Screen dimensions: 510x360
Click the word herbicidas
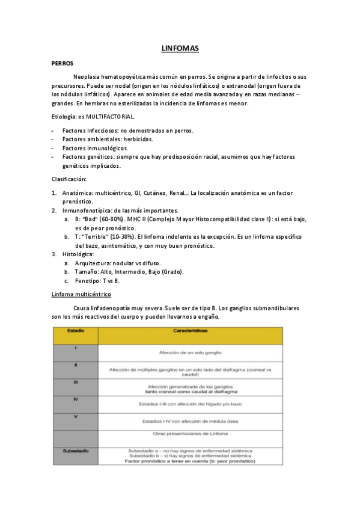tap(137, 139)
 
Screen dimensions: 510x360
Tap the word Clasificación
tap(69, 179)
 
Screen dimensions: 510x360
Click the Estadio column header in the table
tap(76, 331)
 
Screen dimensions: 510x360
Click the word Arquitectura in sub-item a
tap(95, 263)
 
